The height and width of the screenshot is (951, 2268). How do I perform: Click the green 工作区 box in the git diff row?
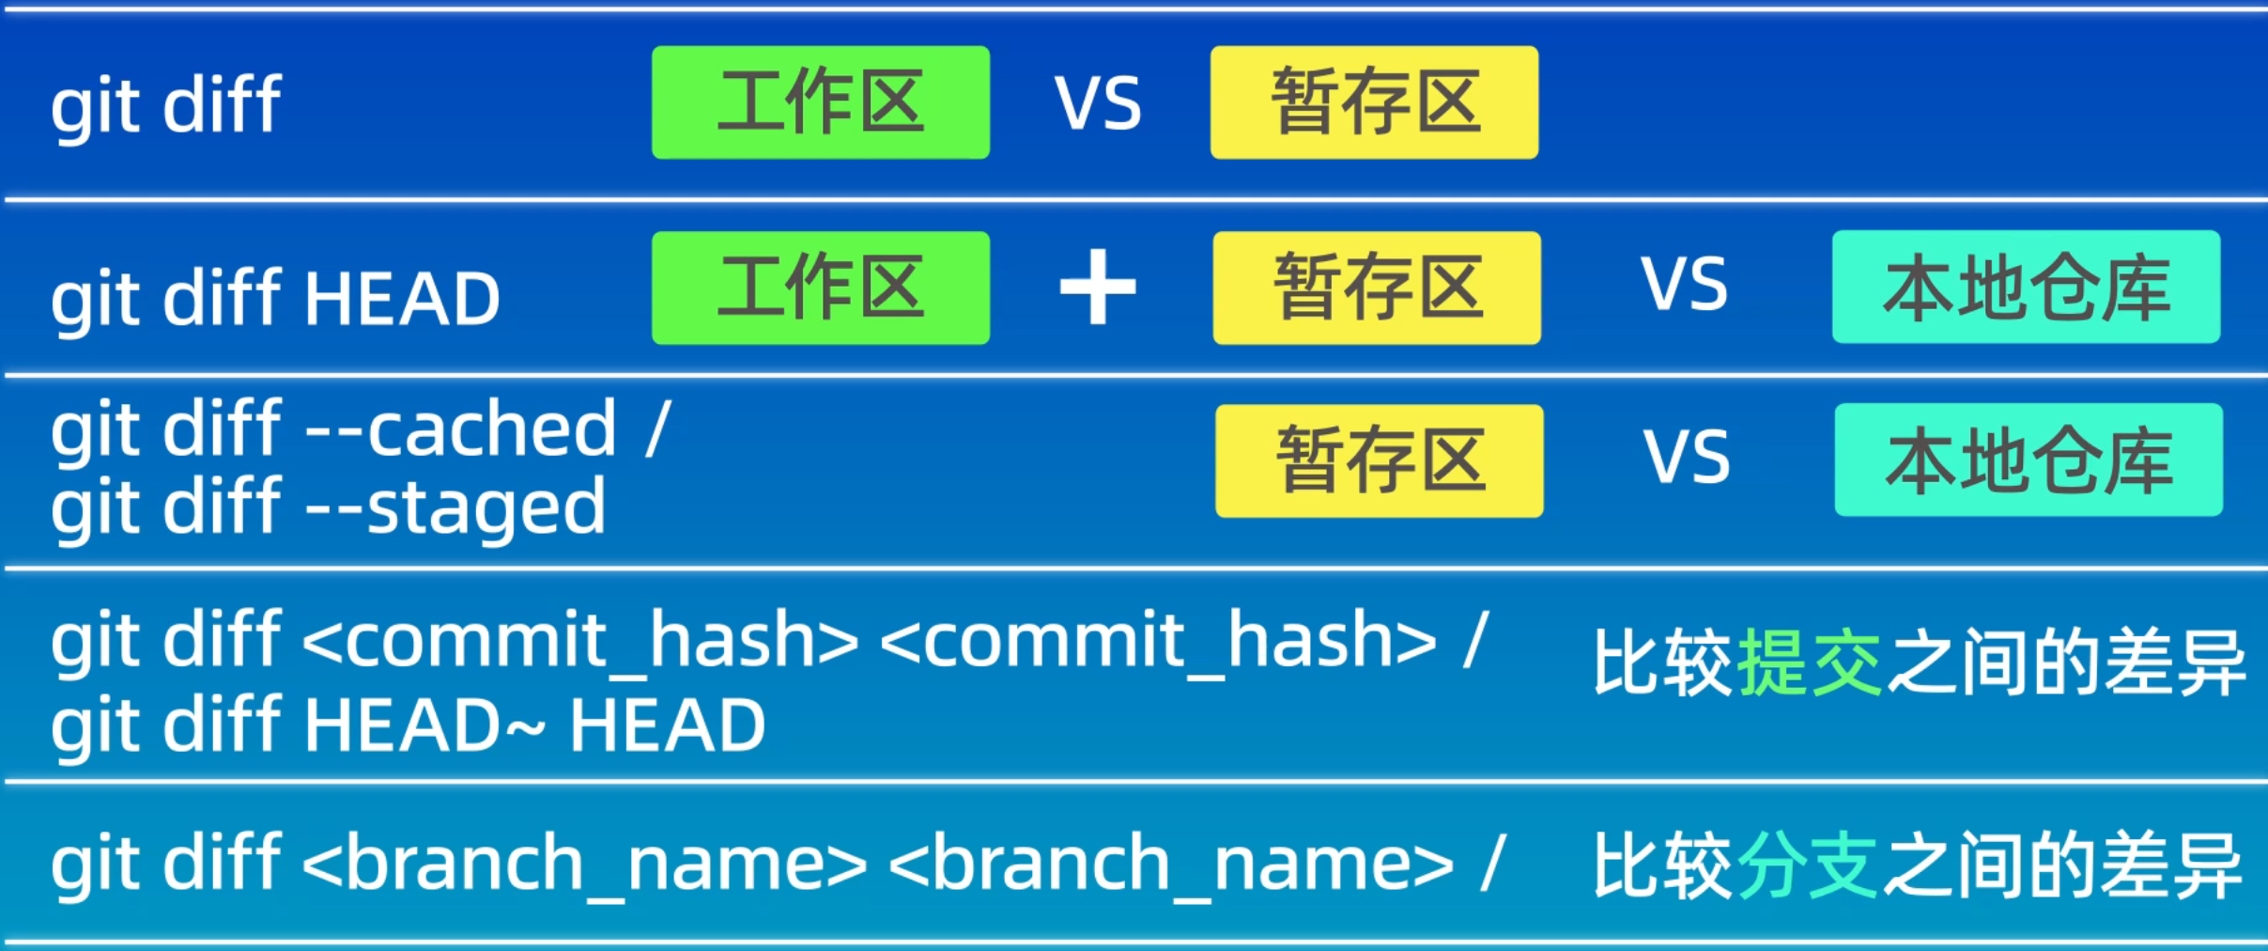(820, 102)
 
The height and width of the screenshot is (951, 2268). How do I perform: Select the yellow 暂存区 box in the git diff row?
(1374, 102)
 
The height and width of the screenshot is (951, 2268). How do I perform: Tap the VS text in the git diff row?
(1098, 103)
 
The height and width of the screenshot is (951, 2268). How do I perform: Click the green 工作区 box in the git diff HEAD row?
(820, 288)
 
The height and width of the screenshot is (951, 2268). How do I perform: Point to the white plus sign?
(1098, 288)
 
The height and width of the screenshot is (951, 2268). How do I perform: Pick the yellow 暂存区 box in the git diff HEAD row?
(1377, 288)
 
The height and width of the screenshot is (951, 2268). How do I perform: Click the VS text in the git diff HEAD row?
(1684, 285)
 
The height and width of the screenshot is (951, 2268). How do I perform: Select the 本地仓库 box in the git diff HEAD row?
(2026, 287)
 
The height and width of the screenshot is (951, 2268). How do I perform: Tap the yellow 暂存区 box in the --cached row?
(1379, 460)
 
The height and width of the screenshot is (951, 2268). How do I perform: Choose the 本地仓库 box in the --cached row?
(2029, 460)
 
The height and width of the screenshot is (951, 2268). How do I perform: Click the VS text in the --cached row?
(1687, 458)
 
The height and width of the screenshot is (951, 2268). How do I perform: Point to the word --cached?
(461, 429)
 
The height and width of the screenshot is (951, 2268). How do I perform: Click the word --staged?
(456, 508)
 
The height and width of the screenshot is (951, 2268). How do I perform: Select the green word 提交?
(1810, 663)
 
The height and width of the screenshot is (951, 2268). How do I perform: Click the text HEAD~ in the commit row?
(424, 726)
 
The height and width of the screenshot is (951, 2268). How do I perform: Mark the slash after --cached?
(658, 429)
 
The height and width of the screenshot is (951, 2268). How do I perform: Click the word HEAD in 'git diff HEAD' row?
(401, 299)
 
